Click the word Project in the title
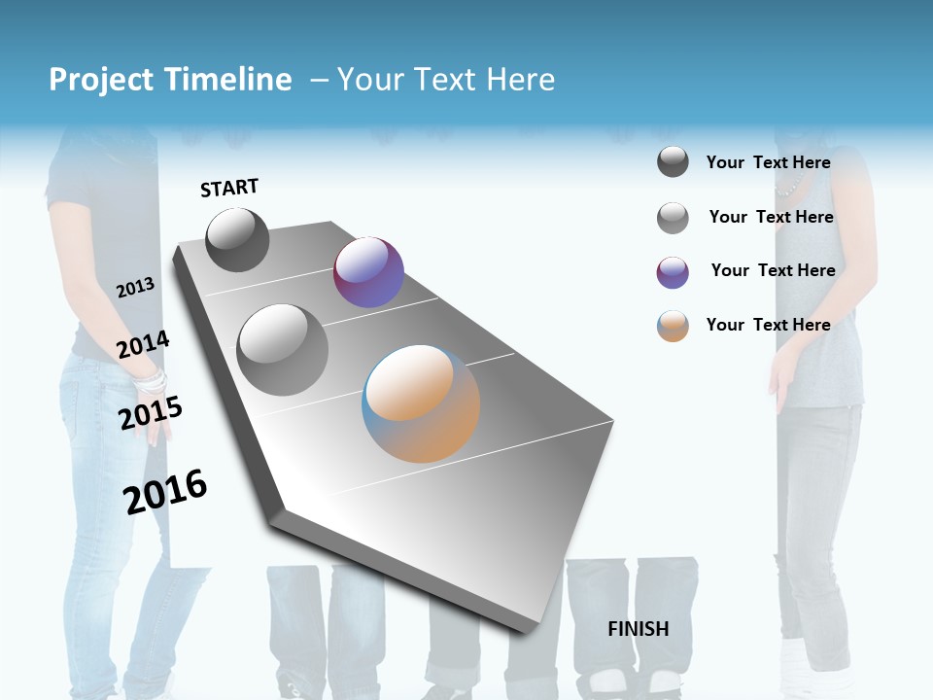102,80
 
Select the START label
229,188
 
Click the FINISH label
638,629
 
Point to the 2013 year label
135,287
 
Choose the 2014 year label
143,344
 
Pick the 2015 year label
150,412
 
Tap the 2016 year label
165,491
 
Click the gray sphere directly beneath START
237,239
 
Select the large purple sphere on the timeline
368,272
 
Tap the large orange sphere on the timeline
421,403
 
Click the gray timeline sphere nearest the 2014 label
283,349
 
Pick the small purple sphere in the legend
673,272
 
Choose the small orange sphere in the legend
673,326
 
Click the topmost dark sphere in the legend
673,161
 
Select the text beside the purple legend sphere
773,270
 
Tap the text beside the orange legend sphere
768,325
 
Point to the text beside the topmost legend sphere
768,162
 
